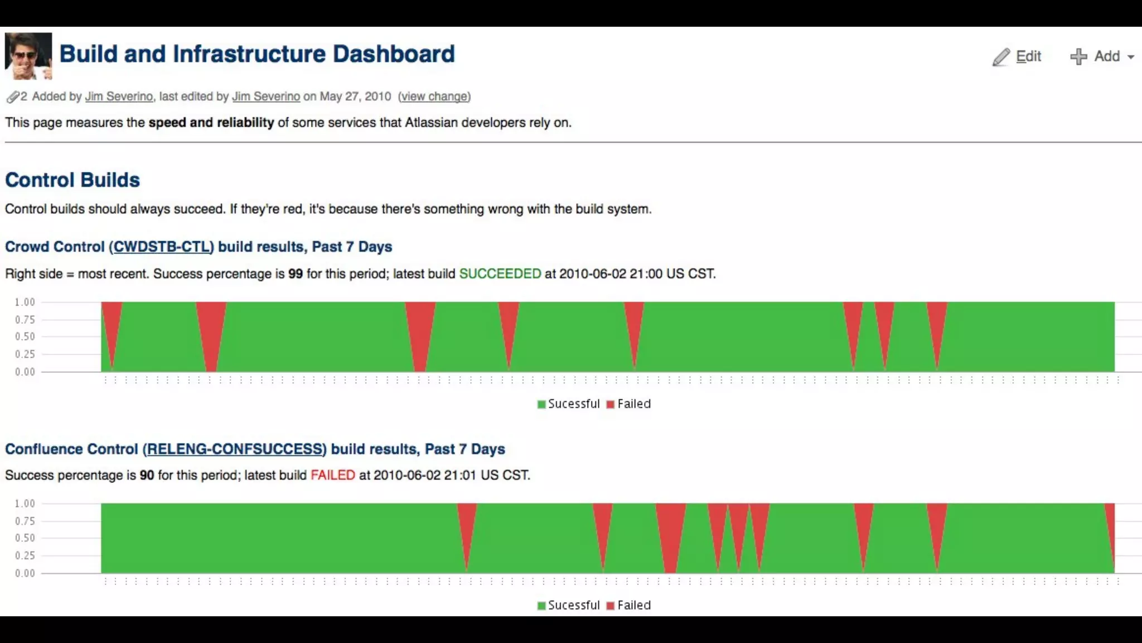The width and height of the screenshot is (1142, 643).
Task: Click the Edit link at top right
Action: [x=1028, y=56]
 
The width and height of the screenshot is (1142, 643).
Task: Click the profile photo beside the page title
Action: [x=28, y=56]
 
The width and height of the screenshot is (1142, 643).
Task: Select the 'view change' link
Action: [x=434, y=97]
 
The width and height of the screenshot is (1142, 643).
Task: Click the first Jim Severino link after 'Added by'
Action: [x=119, y=97]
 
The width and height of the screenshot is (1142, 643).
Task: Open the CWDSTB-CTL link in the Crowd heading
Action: [x=162, y=247]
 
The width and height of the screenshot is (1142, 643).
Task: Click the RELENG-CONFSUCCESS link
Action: [x=235, y=449]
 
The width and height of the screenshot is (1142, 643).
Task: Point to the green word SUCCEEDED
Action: [x=500, y=274]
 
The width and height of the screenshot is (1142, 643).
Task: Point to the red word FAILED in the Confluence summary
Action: [x=332, y=476]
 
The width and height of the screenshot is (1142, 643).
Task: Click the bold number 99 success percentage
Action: [x=296, y=274]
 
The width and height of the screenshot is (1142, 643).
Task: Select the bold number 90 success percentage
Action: [x=147, y=476]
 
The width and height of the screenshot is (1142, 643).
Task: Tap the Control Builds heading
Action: [x=72, y=180]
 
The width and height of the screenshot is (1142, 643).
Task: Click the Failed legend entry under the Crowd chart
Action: [x=629, y=404]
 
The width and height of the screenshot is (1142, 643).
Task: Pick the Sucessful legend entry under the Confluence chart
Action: [x=568, y=606]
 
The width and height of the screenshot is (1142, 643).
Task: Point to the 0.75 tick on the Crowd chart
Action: [x=25, y=320]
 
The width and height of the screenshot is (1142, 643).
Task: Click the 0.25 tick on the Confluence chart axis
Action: [x=25, y=556]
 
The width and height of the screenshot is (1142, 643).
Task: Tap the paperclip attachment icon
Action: [x=13, y=97]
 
